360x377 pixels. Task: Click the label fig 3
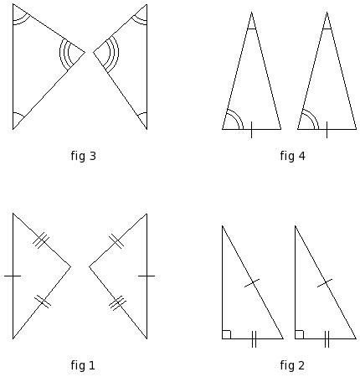tap(83, 156)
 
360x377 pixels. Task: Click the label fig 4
tap(293, 156)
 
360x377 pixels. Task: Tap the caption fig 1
tap(83, 365)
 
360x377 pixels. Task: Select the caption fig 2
tap(292, 365)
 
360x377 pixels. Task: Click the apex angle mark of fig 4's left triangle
tap(251, 28)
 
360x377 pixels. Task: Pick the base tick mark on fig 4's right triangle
tap(327, 130)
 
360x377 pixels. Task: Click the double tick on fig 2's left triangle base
tap(254, 339)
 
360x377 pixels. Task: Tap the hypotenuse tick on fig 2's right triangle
tap(325, 283)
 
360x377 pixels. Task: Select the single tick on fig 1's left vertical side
tap(13, 276)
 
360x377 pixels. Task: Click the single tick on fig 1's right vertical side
tap(147, 276)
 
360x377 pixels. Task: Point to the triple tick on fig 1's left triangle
tap(41, 240)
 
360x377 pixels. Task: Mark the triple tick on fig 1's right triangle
tap(117, 303)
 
